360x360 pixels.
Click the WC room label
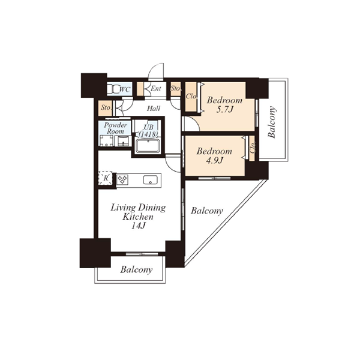point(125,89)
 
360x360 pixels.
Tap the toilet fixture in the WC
point(113,89)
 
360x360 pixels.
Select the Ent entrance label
point(156,89)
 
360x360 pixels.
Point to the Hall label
point(154,108)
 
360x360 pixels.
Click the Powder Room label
point(115,128)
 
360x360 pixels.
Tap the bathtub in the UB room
point(148,146)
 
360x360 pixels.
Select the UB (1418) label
point(148,131)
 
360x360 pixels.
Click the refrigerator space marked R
point(106,178)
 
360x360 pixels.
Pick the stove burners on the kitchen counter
point(122,179)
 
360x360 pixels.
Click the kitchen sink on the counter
point(151,180)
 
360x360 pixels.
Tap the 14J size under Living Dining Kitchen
point(139,226)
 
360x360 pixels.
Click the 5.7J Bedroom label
point(224,105)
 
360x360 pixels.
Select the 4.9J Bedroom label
point(214,156)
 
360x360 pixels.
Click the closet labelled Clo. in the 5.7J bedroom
point(191,97)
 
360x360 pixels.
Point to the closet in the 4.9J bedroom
point(252,148)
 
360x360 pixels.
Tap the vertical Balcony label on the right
point(272,122)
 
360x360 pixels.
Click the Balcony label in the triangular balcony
point(207,211)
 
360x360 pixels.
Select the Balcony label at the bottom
point(136,269)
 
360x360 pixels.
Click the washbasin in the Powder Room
point(123,141)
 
